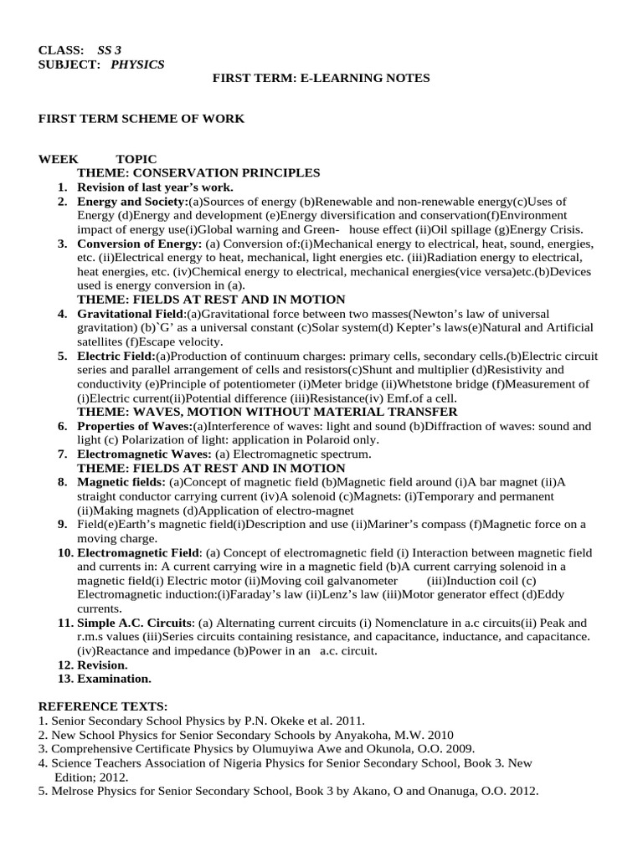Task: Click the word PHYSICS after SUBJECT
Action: [137, 64]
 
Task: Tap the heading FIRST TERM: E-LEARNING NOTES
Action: [321, 78]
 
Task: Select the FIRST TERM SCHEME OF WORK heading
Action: [141, 119]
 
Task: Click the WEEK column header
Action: [59, 159]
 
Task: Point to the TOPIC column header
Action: [136, 159]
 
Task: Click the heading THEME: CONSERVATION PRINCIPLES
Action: [198, 172]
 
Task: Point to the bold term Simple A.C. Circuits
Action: [135, 623]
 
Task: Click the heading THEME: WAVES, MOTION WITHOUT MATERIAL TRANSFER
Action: [267, 412]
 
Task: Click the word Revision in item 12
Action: [101, 665]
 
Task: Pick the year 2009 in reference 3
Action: [458, 748]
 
